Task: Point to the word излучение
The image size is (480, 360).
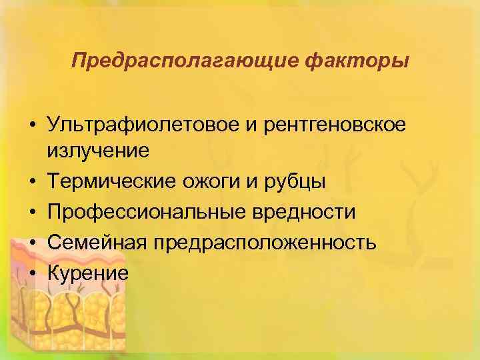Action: tap(99, 151)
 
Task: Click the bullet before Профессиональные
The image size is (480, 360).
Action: tap(32, 213)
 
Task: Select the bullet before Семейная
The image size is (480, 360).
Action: tap(32, 243)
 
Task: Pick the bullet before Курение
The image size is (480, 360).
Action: tap(32, 273)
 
